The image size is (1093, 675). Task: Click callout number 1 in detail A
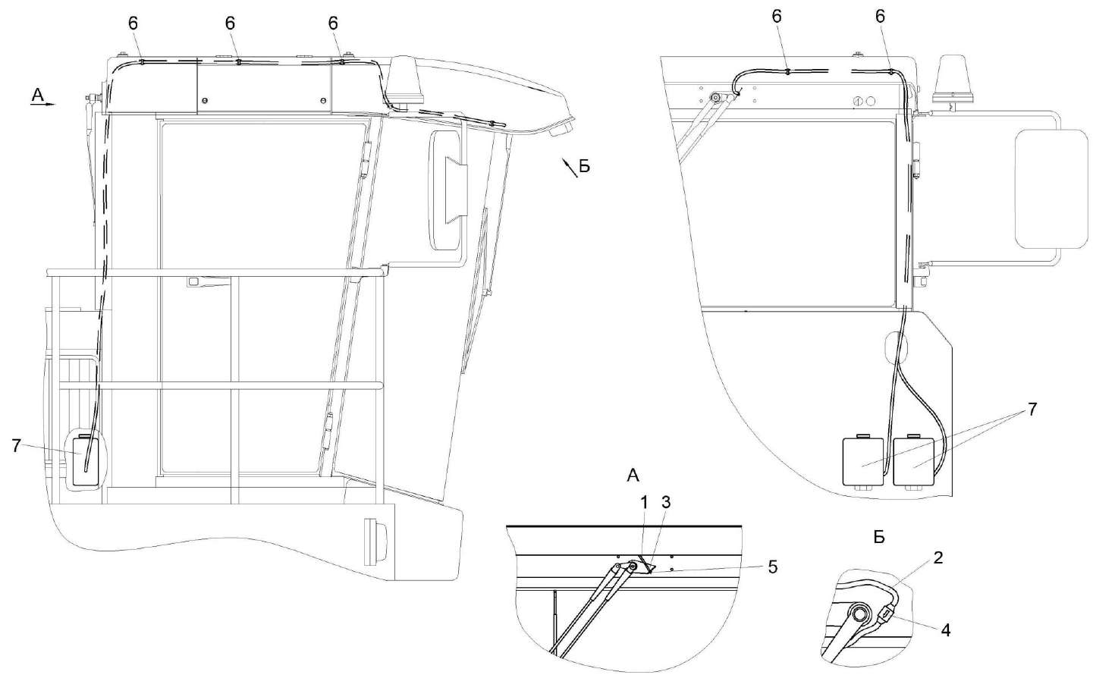tap(644, 503)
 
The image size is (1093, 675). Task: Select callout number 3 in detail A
tap(666, 503)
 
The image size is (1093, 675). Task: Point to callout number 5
tap(772, 567)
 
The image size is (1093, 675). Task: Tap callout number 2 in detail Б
tap(938, 558)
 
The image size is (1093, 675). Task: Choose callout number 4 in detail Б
tap(945, 631)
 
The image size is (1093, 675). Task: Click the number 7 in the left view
tap(17, 445)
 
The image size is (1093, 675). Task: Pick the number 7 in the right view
tap(1032, 409)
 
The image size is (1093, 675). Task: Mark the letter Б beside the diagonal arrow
tap(585, 167)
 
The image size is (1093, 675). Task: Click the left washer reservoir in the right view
tap(863, 460)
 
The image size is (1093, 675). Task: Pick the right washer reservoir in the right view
tap(913, 460)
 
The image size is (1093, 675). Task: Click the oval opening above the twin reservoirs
tap(895, 347)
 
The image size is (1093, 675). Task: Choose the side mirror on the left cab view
tap(448, 190)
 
